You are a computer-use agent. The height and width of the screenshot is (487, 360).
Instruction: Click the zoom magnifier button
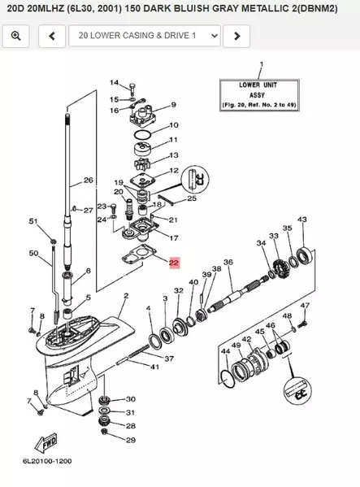tap(16, 36)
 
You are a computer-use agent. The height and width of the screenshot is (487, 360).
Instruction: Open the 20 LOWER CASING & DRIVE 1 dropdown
tap(145, 36)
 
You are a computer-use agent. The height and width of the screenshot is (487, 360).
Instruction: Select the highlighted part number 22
tap(173, 263)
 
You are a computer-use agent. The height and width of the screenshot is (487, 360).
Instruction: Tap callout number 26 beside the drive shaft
tap(89, 180)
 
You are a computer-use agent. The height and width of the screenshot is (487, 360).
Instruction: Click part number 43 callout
tap(301, 220)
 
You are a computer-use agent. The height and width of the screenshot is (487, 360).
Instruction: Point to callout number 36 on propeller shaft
tap(228, 262)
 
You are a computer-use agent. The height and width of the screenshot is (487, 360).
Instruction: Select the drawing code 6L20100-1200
tap(37, 461)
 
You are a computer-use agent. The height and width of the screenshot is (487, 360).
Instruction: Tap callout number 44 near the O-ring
tap(225, 351)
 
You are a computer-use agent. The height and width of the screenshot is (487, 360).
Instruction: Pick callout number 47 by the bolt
tap(306, 306)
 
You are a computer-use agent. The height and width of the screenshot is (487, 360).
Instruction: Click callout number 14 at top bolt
tap(114, 83)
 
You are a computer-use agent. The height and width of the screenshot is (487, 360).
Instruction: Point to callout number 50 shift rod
tap(33, 254)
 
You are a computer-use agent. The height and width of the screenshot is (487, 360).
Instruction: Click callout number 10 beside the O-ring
tap(173, 126)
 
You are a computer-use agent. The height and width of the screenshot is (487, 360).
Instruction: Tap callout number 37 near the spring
tap(168, 359)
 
